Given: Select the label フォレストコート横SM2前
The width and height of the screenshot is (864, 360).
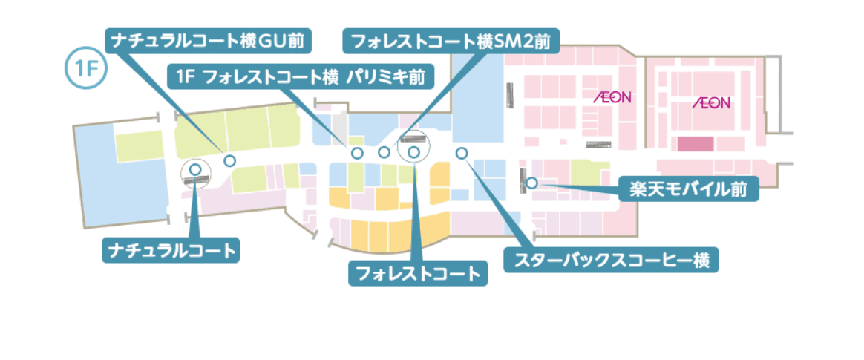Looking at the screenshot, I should [x=451, y=40].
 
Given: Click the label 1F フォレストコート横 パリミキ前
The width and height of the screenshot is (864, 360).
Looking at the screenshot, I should [x=301, y=76].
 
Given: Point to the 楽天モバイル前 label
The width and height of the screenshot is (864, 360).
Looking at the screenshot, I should [x=688, y=189].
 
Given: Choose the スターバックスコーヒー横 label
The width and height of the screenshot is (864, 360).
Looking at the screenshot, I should [x=612, y=261].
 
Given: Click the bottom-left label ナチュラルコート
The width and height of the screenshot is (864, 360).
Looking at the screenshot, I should [x=171, y=250].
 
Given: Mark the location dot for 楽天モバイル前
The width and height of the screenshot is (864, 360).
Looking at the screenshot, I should [x=531, y=182].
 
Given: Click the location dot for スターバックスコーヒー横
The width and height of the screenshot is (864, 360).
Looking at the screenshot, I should [x=461, y=153].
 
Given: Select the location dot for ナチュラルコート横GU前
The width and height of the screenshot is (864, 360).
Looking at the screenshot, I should [x=229, y=160].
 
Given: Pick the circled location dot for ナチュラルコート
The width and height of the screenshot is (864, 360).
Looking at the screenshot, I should [x=195, y=170].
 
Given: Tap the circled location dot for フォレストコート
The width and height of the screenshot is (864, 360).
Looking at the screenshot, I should [x=414, y=151].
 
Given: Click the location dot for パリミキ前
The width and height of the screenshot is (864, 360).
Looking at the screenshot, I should [x=357, y=153].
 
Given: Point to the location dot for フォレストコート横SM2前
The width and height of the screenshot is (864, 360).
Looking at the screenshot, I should [x=384, y=153].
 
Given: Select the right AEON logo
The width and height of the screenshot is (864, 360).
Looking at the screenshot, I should [x=711, y=102].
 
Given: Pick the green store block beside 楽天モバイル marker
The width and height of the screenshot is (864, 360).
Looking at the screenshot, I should [x=586, y=173].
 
